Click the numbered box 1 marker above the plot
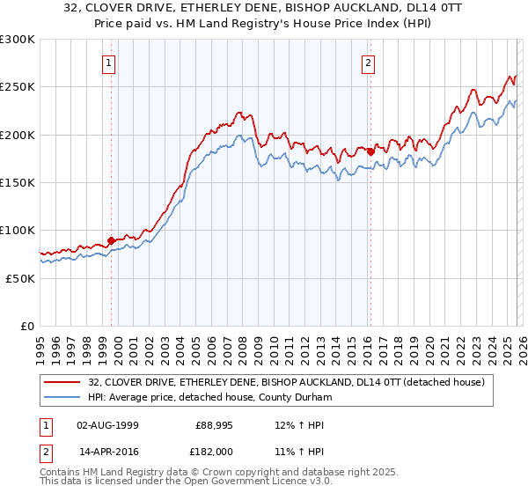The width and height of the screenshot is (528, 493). (109, 63)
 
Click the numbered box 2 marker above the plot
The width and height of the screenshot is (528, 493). (367, 63)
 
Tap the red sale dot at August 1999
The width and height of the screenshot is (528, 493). (111, 239)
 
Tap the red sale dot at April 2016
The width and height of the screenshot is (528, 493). (370, 151)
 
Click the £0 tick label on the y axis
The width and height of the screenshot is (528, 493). (27, 326)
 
